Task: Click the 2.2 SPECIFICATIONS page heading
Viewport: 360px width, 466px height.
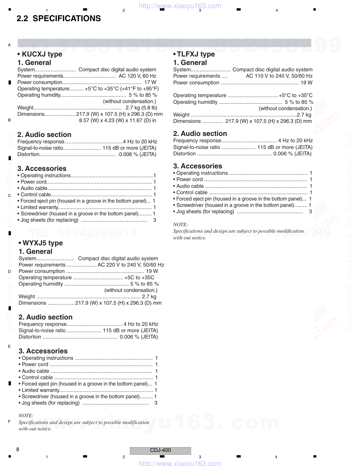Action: click(x=59, y=19)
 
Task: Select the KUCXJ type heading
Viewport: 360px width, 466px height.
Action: click(x=40, y=54)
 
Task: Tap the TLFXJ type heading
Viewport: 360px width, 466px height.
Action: click(x=194, y=54)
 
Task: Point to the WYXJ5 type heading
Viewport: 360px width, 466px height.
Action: click(x=41, y=243)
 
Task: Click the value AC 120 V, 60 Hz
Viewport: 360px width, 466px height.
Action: click(x=137, y=76)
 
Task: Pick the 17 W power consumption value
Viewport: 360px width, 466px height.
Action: click(x=150, y=82)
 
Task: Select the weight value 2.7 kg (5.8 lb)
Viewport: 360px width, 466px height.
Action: click(x=141, y=108)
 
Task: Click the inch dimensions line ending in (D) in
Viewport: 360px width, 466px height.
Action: click(x=118, y=120)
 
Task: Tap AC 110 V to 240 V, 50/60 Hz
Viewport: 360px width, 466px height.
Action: click(x=279, y=76)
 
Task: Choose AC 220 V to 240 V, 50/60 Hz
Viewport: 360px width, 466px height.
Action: click(x=131, y=265)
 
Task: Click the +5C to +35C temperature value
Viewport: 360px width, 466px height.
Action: click(x=139, y=277)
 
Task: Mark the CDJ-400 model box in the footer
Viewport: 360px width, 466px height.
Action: click(x=160, y=450)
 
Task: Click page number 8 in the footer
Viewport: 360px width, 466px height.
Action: click(x=18, y=449)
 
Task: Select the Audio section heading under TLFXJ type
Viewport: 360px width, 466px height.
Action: click(x=200, y=133)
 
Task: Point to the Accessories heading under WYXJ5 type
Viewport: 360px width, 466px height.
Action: click(x=43, y=351)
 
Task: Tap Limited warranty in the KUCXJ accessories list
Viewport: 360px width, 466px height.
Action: click(x=39, y=207)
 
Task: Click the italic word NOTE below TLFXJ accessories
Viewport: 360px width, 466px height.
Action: click(x=180, y=225)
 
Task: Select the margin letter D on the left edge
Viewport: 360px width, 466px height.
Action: click(x=10, y=271)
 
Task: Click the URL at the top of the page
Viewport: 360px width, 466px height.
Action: click(x=180, y=6)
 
